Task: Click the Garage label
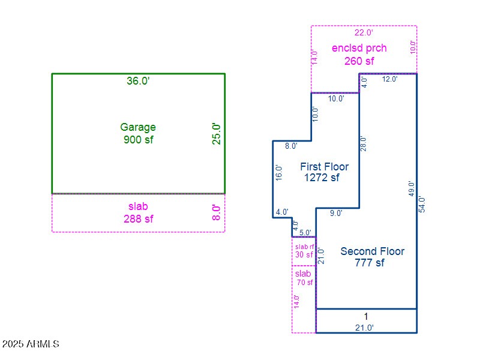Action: (x=138, y=127)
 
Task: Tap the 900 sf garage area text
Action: (x=138, y=140)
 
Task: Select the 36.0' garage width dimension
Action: (x=138, y=81)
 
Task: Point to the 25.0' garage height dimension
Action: (x=217, y=134)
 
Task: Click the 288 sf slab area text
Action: (x=138, y=219)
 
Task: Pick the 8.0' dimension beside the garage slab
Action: (x=217, y=212)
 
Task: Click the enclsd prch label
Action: (x=359, y=48)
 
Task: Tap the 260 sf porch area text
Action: (x=359, y=61)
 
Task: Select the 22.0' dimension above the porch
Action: (x=364, y=32)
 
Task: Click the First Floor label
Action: (x=324, y=166)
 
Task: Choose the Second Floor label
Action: (x=372, y=251)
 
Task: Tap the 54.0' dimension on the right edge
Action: (x=422, y=204)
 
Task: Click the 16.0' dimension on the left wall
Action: (x=278, y=173)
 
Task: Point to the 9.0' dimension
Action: (x=337, y=213)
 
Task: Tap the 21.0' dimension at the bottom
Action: (x=364, y=328)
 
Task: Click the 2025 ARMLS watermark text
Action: (x=31, y=344)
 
